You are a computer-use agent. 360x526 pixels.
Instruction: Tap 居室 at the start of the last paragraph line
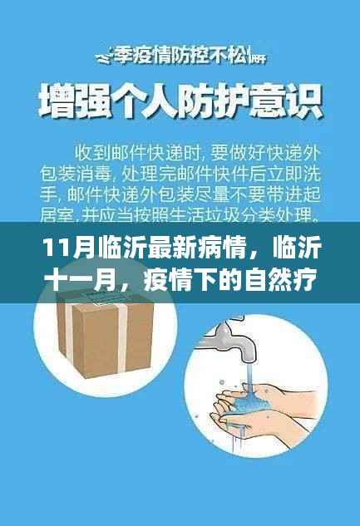point(52,216)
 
